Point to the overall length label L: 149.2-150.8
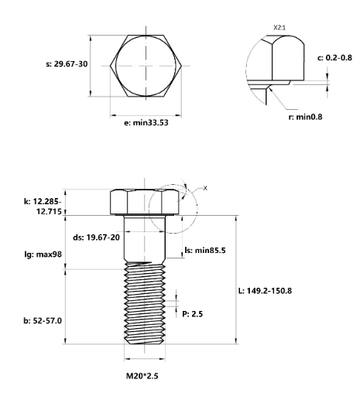273,290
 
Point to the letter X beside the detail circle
205,188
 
